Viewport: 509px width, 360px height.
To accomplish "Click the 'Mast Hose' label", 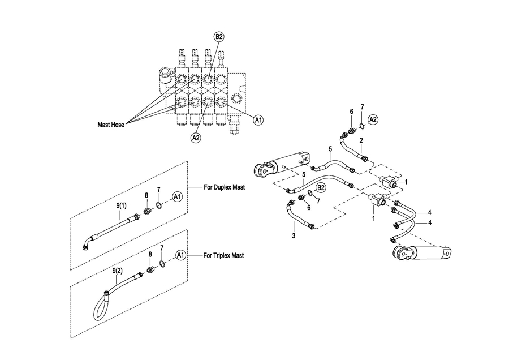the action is [x=111, y=125].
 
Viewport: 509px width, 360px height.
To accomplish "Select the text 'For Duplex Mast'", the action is [x=224, y=187].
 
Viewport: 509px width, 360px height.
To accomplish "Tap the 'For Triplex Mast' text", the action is [x=223, y=255].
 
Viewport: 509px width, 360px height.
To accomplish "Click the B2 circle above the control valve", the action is [x=219, y=37].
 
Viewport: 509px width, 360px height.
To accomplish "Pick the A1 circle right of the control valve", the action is [x=258, y=120].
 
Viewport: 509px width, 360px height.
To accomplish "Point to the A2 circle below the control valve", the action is [x=196, y=138].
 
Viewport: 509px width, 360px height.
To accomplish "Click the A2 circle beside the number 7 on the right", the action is [x=373, y=119].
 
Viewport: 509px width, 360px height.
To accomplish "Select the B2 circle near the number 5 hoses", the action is [x=321, y=188].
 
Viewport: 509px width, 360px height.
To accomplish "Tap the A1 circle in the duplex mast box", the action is [x=178, y=196].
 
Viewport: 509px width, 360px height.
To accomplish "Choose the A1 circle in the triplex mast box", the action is [x=180, y=255].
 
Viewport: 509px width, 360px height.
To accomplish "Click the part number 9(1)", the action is [x=121, y=205].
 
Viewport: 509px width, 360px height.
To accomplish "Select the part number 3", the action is [x=294, y=236].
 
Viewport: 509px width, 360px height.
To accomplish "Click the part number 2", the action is [x=361, y=140].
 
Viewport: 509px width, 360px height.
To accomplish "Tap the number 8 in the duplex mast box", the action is [x=146, y=195].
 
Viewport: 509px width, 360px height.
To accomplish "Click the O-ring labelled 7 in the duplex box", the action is [x=159, y=205].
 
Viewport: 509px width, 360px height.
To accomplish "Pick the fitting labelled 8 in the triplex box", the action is [x=150, y=269].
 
